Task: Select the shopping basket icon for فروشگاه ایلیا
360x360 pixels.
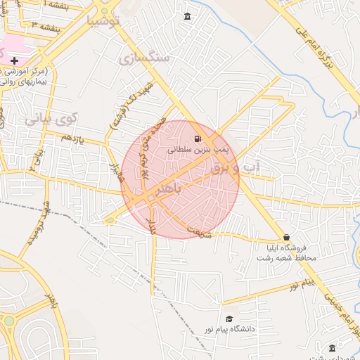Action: click(286, 238)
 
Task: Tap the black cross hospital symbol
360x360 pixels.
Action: click(14, 61)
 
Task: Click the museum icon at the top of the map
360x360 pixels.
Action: click(186, 16)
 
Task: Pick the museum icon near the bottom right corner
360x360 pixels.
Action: click(332, 347)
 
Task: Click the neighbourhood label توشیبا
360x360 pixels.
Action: click(103, 20)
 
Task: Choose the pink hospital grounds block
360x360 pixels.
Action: click(12, 45)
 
